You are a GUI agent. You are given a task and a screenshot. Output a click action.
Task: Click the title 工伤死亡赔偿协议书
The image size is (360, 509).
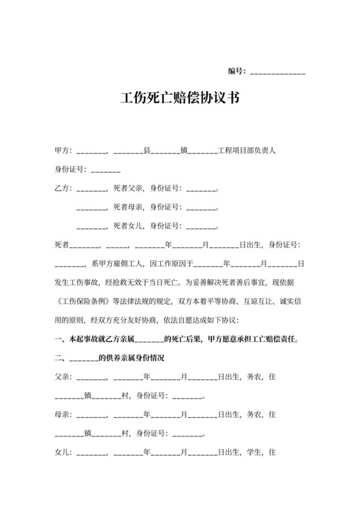(x=180, y=98)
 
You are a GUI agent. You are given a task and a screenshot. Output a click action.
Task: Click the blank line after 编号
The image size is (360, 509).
(x=277, y=71)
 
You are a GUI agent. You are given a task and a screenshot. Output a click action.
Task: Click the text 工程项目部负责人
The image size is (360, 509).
(x=248, y=151)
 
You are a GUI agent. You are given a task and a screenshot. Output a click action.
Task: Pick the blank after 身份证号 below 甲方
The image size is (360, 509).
(x=106, y=170)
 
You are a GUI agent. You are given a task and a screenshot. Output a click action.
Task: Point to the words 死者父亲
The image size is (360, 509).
(x=127, y=189)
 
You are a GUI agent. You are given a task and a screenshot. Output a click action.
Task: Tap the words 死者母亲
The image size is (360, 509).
(x=127, y=208)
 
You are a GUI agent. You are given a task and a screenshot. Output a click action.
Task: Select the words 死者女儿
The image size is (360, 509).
(x=127, y=226)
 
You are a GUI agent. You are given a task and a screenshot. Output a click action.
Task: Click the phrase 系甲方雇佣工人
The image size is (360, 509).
(x=118, y=263)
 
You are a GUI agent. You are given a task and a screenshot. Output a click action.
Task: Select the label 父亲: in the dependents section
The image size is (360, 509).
(x=63, y=377)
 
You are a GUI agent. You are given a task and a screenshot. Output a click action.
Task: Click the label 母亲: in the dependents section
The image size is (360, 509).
(x=63, y=415)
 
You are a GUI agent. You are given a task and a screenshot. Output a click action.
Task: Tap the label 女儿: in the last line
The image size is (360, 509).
(x=63, y=452)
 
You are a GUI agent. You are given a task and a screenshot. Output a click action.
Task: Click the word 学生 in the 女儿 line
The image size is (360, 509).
(x=253, y=452)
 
